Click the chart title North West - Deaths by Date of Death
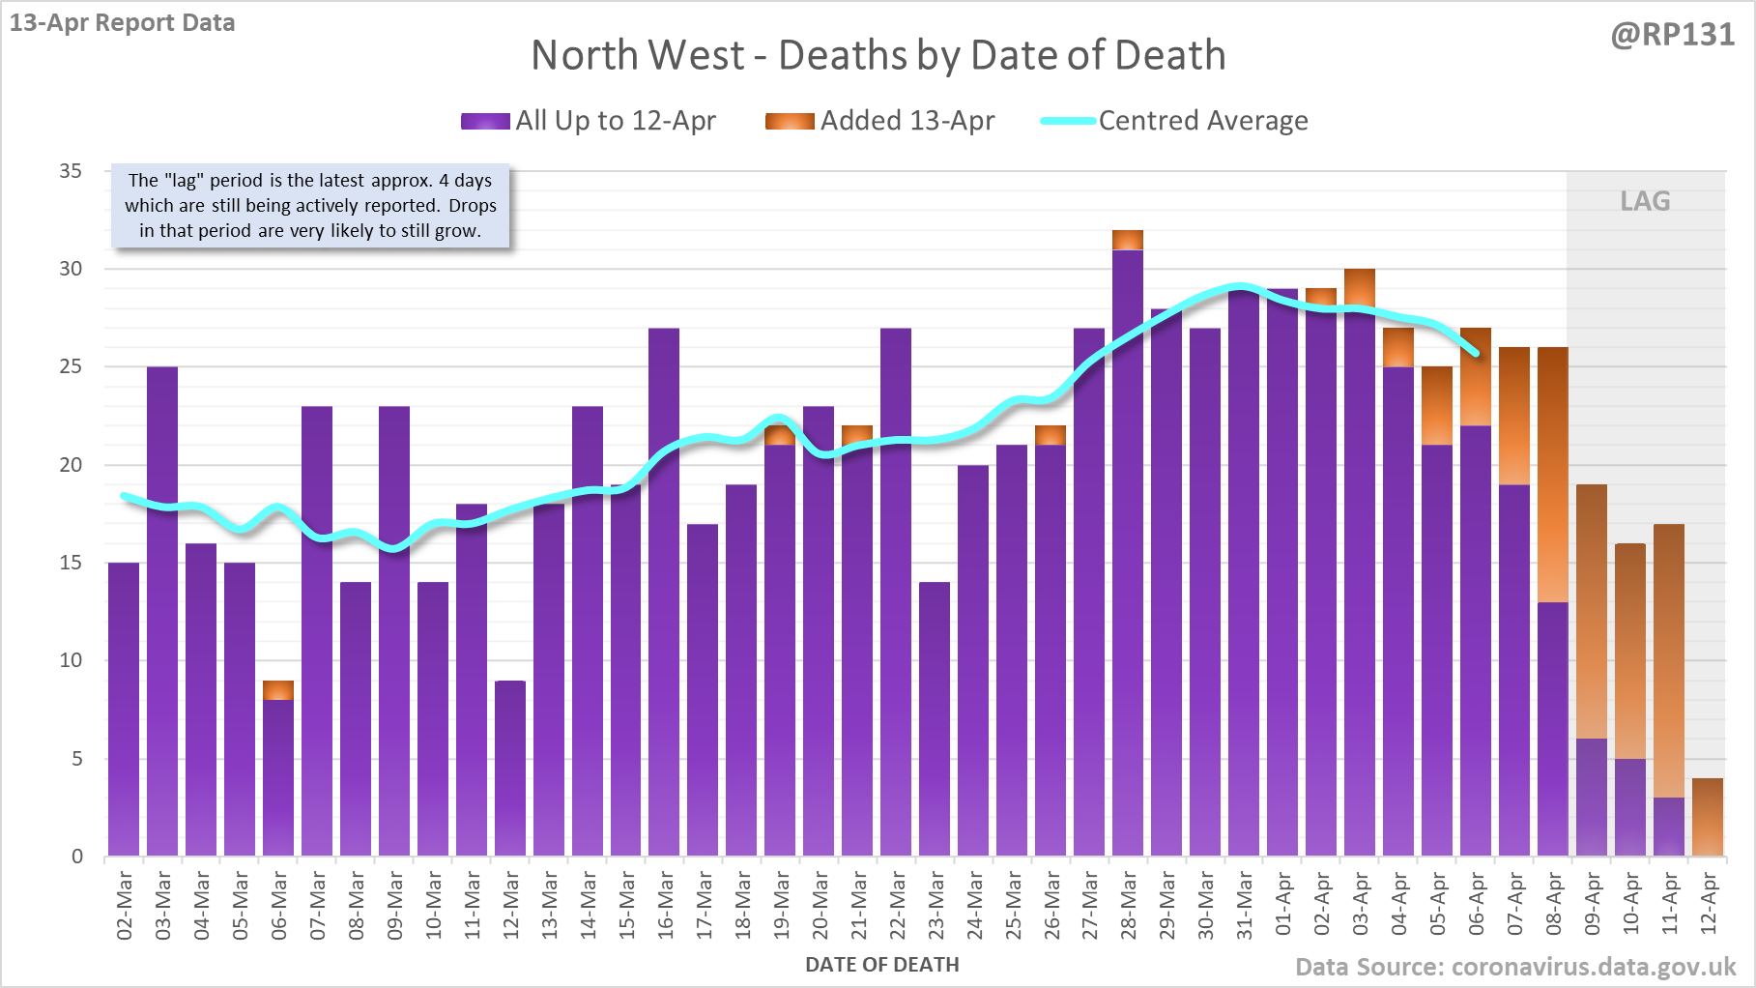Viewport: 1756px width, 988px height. coord(878,55)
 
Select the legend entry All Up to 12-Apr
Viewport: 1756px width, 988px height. coord(616,121)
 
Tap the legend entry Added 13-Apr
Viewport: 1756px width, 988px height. coord(907,121)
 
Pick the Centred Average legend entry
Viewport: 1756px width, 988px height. coord(1202,121)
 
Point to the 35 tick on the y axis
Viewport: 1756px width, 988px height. coord(71,171)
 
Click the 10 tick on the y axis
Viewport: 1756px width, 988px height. coord(71,660)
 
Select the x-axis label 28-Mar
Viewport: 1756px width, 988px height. coord(1128,904)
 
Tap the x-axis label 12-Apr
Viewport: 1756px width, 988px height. coord(1708,904)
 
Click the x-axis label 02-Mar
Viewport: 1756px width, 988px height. coord(124,904)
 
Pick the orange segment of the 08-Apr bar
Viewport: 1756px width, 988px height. coord(1553,474)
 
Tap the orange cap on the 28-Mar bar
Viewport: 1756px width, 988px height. coord(1128,240)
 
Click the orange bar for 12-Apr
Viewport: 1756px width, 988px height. coord(1708,817)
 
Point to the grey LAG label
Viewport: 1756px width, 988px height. coord(1645,201)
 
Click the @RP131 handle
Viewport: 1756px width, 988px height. coord(1672,35)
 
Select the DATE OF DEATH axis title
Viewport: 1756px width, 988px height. coord(881,965)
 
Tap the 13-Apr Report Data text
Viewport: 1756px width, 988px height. coord(123,22)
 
